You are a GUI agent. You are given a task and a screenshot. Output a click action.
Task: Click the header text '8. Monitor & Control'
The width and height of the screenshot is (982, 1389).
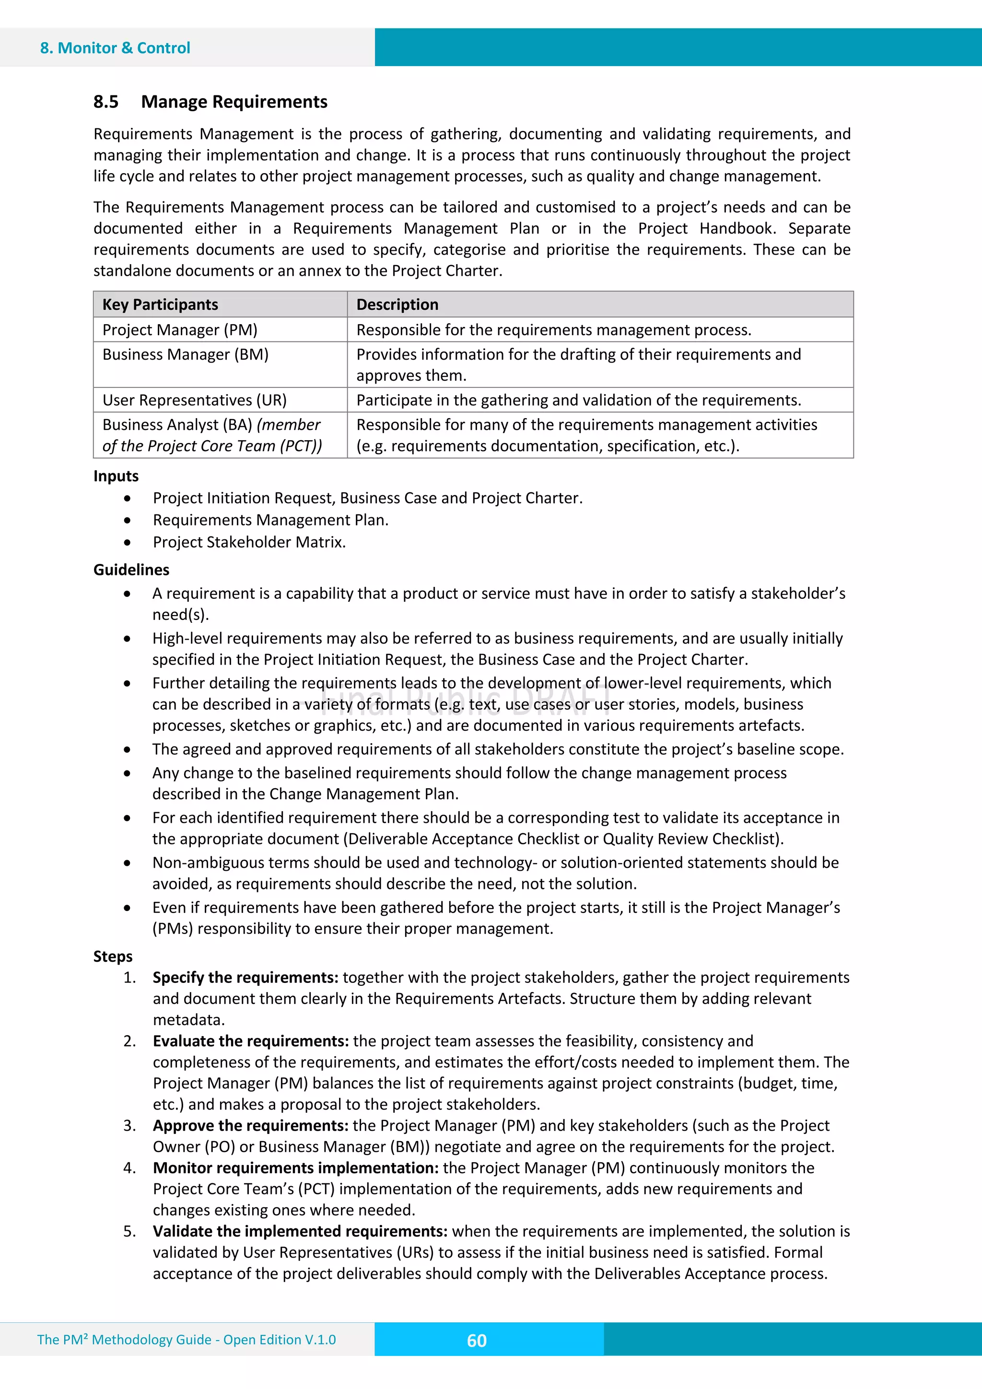115,48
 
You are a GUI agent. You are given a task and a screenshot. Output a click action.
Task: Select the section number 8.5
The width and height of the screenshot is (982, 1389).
106,102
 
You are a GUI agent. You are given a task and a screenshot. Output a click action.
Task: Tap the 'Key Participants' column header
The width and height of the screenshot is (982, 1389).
160,304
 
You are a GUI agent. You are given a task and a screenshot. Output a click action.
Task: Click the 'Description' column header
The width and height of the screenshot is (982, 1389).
397,304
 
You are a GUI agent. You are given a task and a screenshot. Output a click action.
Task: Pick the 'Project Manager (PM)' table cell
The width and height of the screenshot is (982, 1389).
180,330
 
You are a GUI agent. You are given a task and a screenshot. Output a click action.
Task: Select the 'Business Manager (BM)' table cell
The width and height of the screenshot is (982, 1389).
185,354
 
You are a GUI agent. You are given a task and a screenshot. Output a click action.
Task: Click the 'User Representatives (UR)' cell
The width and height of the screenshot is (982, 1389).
194,400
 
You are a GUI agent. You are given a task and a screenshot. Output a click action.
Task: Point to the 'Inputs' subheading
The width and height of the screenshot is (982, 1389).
116,476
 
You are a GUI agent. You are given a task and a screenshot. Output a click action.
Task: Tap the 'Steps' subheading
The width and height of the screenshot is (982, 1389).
113,956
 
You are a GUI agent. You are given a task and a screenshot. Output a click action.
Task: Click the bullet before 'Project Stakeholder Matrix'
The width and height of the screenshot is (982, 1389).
127,542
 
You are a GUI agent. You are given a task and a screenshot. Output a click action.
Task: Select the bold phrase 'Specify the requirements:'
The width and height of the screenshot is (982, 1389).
245,977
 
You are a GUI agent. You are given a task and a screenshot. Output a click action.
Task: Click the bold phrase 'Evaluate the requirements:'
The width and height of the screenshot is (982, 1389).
250,1040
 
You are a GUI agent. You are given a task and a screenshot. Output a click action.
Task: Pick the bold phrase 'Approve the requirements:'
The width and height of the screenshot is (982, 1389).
250,1125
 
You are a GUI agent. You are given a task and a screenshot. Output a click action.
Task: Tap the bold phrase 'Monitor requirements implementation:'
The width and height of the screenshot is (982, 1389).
295,1167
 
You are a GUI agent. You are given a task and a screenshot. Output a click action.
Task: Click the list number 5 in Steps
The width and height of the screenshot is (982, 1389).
129,1231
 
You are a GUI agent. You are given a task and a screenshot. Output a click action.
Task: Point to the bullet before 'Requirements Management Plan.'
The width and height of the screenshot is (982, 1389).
127,520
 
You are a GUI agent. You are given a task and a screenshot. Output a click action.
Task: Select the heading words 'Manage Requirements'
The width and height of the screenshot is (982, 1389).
234,102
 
